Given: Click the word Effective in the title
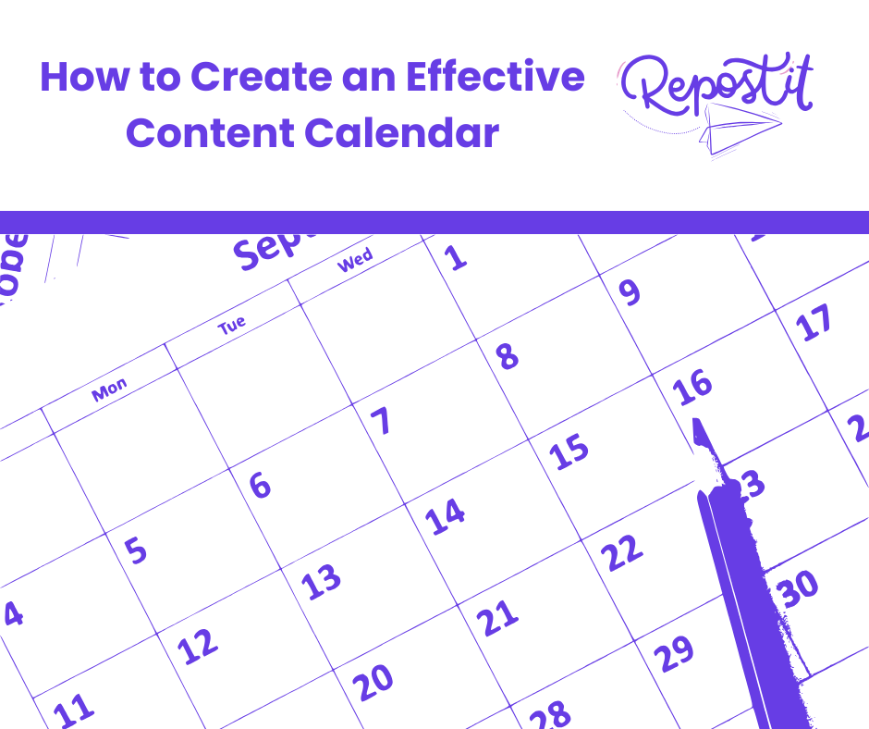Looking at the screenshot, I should point(498,78).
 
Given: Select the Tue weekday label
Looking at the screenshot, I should point(232,324).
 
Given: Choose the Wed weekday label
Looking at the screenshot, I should point(355,260).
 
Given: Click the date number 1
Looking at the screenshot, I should point(456,258).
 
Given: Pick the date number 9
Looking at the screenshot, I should point(629,292).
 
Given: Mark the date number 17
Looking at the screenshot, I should point(814,324).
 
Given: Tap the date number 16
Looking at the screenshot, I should point(693,387).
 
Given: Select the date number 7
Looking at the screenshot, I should point(381,422).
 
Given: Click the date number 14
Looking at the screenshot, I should point(446,516).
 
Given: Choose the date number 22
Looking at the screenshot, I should point(621,552).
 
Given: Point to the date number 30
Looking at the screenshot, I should point(798,589).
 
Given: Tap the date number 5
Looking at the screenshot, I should point(136,550).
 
